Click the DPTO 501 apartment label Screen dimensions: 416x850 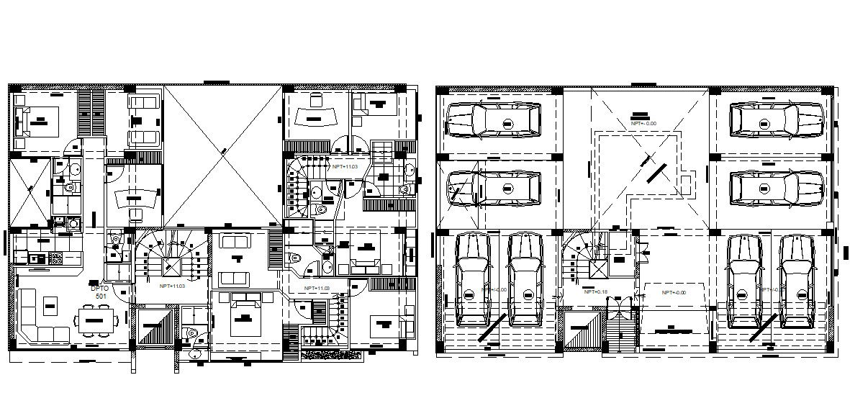(x=101, y=291)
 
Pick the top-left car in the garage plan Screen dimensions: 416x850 (x=493, y=119)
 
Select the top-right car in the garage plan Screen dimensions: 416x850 (x=775, y=119)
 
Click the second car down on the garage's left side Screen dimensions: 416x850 (x=493, y=189)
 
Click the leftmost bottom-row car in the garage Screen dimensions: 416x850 (x=474, y=281)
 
